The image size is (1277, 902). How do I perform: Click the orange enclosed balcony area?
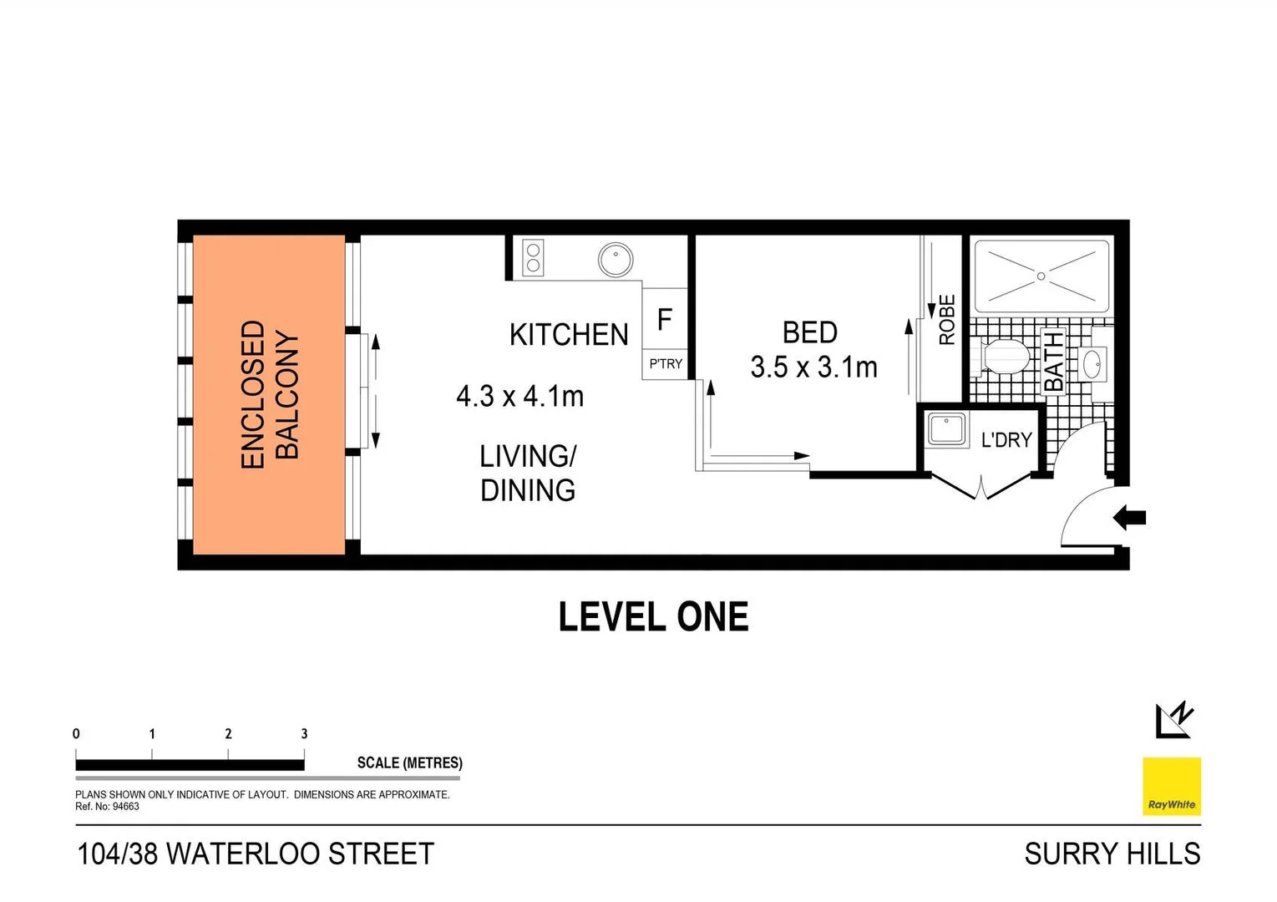pos(269,394)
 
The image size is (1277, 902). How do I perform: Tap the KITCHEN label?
pos(569,335)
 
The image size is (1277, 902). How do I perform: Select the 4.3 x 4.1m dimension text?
pos(519,395)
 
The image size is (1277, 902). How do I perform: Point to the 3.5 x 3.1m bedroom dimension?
pos(813,367)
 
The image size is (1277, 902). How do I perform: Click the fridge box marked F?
pos(665,318)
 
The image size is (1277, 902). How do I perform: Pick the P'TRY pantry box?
pos(665,364)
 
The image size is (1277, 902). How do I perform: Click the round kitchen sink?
pos(616,260)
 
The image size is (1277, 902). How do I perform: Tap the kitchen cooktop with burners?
pos(532,257)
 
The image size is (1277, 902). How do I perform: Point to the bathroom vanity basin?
pos(1092,365)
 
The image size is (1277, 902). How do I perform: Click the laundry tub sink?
pos(947,429)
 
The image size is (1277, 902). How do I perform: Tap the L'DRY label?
pos(1006,439)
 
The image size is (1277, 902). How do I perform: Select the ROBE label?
pos(946,320)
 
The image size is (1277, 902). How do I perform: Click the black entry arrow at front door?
pos(1130,518)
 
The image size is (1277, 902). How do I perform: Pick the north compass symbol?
pos(1174,720)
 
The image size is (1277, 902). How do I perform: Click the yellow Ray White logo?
pos(1171,786)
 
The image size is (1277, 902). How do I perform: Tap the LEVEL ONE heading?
pos(653,617)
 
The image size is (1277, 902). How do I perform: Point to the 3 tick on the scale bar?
pos(304,734)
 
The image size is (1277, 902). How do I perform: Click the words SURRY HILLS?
pos(1112,854)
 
